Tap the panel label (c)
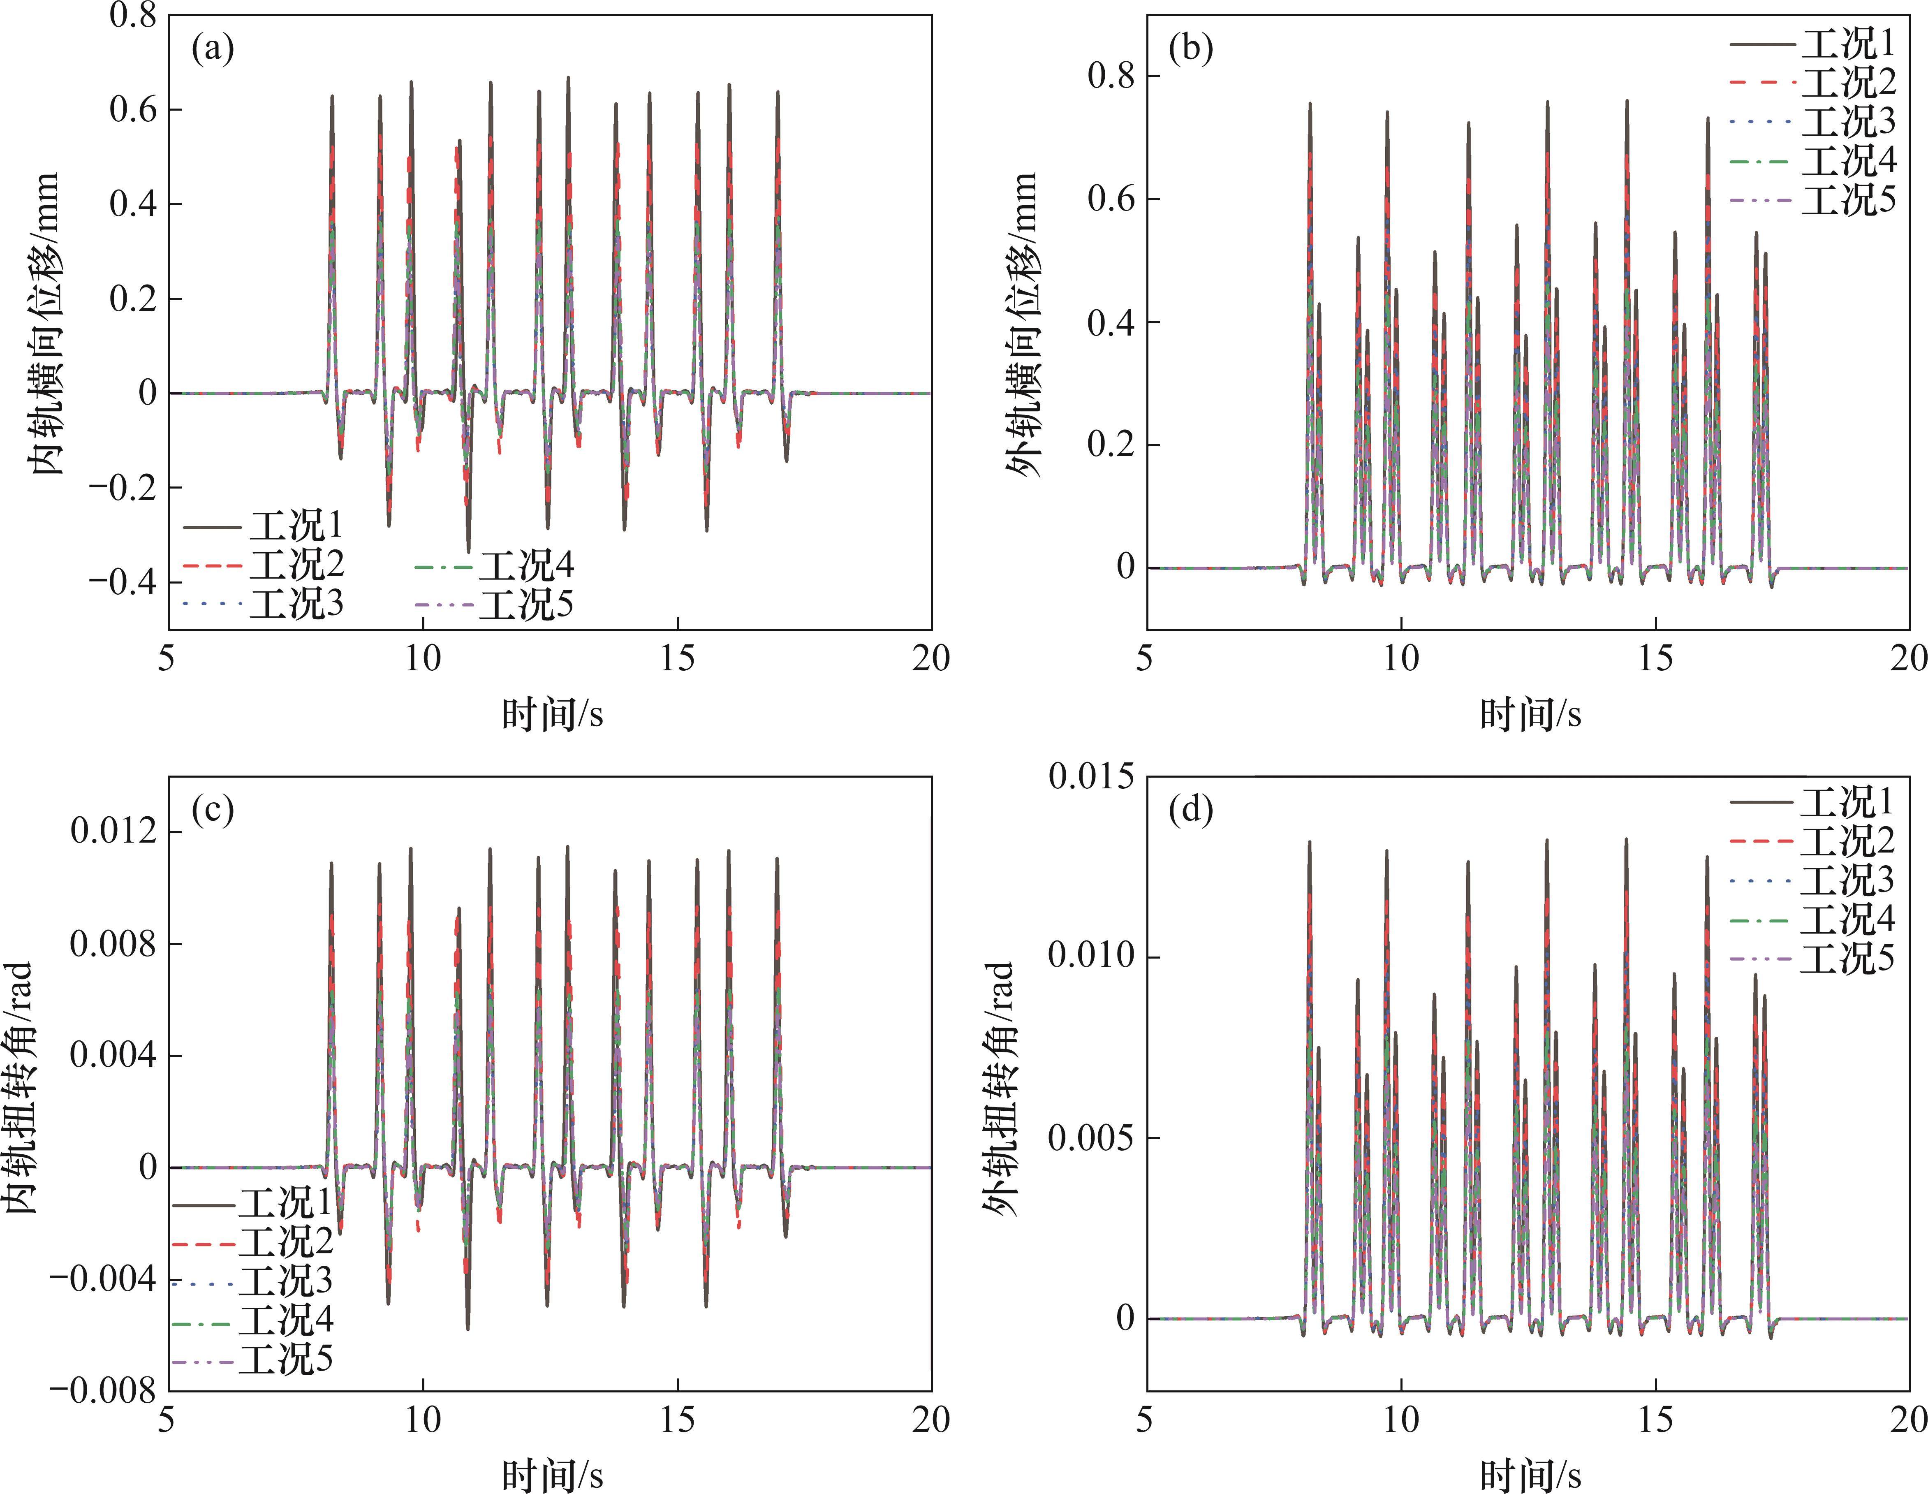pyautogui.click(x=213, y=810)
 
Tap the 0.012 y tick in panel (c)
pyautogui.click(x=111, y=832)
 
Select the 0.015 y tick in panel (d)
pyautogui.click(x=1091, y=777)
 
